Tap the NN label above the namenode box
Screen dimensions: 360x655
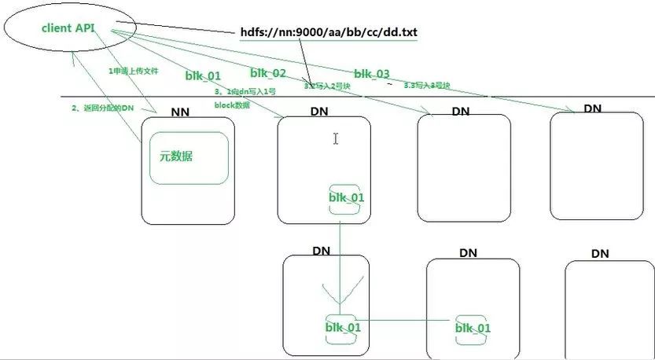[182, 112]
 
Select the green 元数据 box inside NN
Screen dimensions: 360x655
[189, 157]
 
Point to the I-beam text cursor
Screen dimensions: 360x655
[336, 138]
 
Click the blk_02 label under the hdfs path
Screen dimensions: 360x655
[268, 73]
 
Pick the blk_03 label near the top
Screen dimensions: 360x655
[371, 74]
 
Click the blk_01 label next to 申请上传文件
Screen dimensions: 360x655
[203, 75]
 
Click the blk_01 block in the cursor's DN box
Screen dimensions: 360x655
[346, 197]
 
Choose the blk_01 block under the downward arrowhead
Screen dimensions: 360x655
[343, 327]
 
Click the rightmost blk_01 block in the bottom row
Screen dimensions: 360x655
[474, 328]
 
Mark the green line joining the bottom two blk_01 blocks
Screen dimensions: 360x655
[409, 320]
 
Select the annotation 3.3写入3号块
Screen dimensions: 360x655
[427, 85]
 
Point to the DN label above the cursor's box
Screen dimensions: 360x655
[319, 112]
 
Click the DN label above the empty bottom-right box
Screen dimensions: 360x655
[600, 254]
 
